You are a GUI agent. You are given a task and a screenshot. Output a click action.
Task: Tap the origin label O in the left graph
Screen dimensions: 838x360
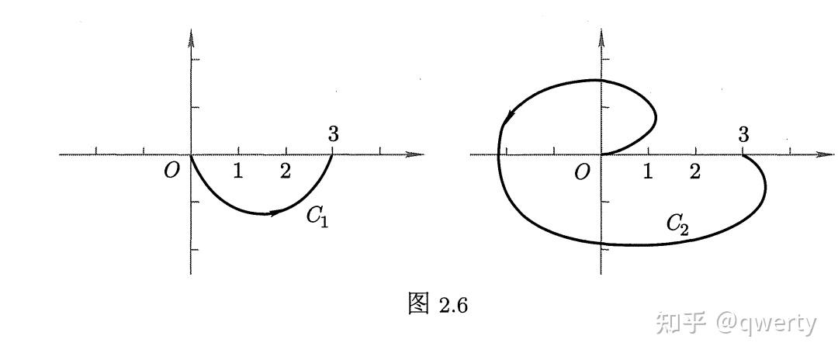pos(171,171)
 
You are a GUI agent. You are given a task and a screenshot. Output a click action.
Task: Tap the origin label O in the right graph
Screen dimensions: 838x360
pos(582,172)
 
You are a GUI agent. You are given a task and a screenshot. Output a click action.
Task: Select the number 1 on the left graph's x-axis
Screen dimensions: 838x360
pos(238,171)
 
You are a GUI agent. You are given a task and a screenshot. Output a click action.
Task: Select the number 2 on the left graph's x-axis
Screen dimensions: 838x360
pos(286,171)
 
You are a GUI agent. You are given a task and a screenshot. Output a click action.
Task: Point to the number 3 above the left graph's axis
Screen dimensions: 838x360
pos(333,134)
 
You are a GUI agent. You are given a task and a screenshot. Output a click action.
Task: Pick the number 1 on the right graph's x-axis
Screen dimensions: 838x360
pos(648,171)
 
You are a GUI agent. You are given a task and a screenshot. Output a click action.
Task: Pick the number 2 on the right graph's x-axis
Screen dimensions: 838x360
pos(695,171)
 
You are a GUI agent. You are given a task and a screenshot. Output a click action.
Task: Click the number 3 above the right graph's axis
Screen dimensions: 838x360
pos(743,134)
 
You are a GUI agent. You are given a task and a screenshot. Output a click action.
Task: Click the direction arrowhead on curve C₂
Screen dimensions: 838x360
pos(509,116)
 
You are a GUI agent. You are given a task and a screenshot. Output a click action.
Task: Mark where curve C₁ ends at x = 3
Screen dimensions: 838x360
pos(333,154)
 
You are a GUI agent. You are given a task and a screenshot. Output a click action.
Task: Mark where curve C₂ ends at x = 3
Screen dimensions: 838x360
pos(743,155)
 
